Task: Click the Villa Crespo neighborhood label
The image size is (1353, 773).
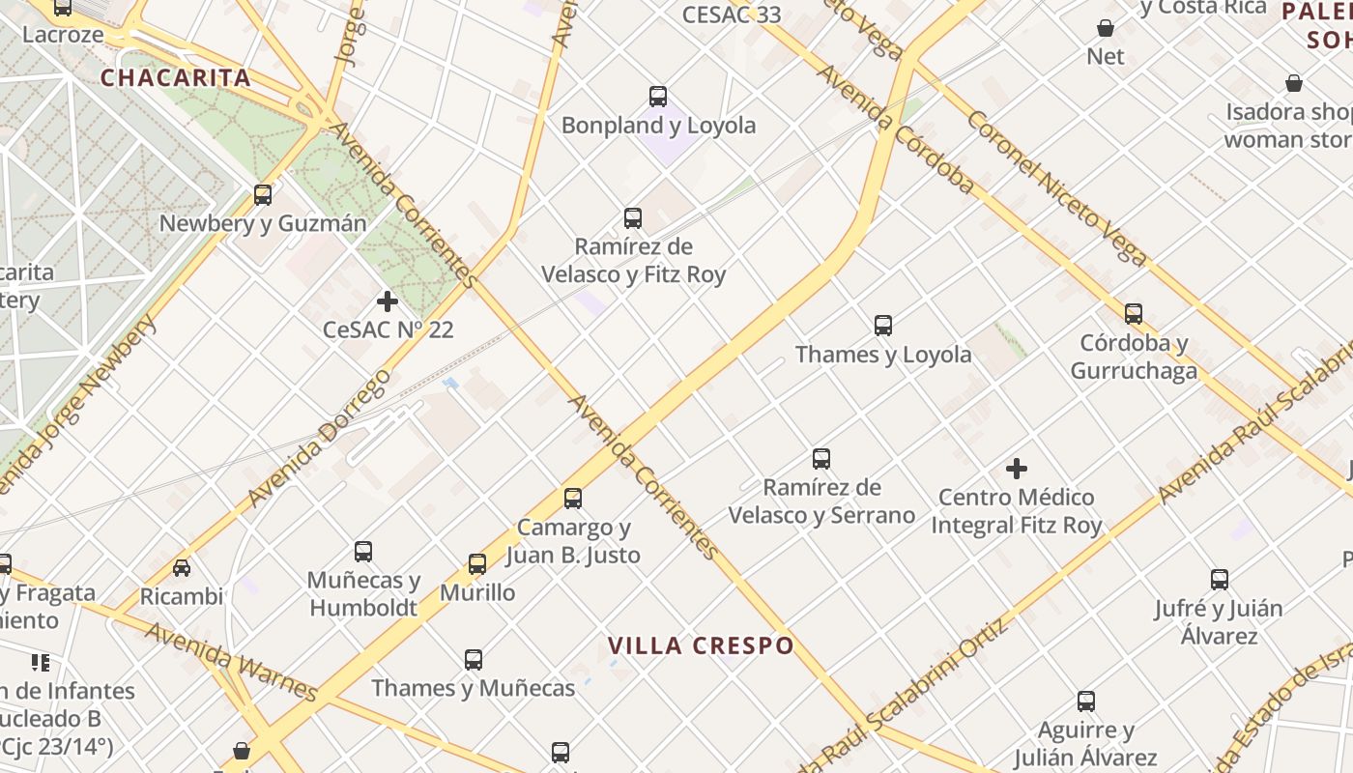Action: [701, 645]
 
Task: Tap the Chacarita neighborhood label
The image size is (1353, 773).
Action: [176, 78]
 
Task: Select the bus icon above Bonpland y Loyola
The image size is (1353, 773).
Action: [658, 97]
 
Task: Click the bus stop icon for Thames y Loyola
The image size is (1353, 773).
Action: [883, 326]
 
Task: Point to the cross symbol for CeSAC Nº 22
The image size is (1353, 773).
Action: [388, 301]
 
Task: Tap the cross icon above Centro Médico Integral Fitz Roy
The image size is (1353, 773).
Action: [1017, 469]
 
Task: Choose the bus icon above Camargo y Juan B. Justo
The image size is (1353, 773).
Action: [573, 499]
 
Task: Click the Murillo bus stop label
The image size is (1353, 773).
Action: [477, 592]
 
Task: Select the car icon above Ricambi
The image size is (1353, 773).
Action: [182, 568]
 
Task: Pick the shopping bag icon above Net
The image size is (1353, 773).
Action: [1106, 29]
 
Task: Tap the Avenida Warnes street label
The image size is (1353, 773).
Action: [232, 662]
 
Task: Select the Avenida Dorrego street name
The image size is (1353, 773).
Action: [319, 438]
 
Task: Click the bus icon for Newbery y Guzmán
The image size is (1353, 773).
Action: [263, 195]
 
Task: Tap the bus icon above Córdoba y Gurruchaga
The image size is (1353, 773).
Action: [1134, 314]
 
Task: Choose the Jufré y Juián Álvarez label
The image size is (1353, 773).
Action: [1219, 621]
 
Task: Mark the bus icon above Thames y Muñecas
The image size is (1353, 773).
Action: [474, 660]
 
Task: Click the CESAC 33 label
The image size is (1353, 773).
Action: [732, 14]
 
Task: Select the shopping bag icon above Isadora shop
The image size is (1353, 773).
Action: [1294, 84]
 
